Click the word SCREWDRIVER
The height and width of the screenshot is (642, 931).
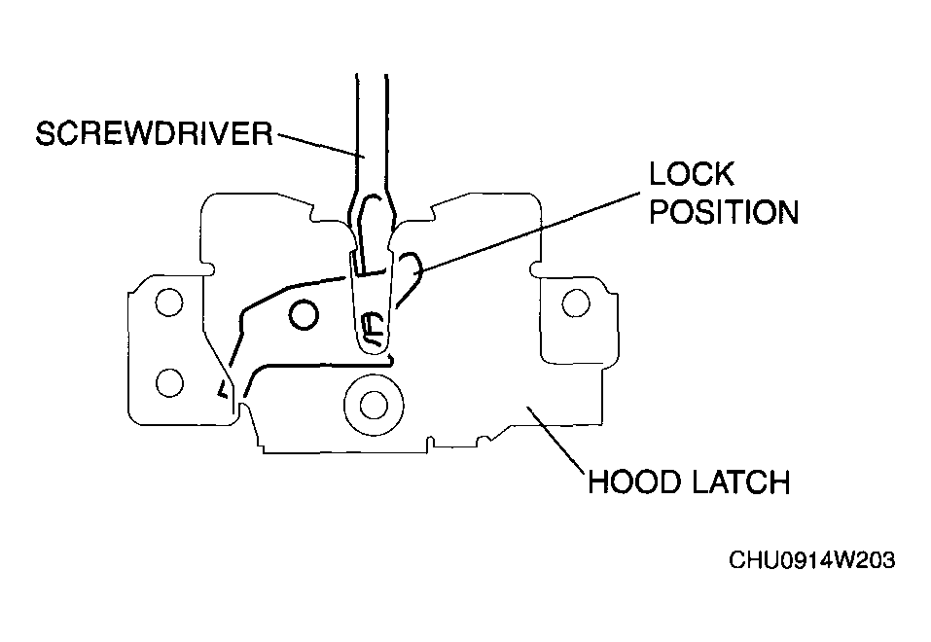tap(155, 133)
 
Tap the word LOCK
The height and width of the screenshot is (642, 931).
tap(691, 174)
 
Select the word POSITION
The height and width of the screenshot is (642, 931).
tap(724, 212)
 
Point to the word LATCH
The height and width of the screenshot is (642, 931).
tap(741, 481)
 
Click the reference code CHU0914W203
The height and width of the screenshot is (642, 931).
tap(811, 560)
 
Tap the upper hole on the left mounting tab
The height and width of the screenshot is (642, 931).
tap(168, 303)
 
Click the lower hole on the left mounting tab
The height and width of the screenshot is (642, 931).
tap(169, 382)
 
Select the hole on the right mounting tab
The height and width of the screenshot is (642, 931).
tap(575, 303)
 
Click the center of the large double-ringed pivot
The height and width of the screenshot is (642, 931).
tap(374, 405)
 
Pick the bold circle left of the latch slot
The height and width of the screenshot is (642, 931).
tap(304, 315)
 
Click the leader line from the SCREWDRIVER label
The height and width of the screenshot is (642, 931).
tap(321, 146)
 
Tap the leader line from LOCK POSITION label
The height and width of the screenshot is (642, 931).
tap(528, 232)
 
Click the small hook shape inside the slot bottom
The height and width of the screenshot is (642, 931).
tap(372, 328)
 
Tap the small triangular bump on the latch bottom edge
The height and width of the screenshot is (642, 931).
tap(485, 439)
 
